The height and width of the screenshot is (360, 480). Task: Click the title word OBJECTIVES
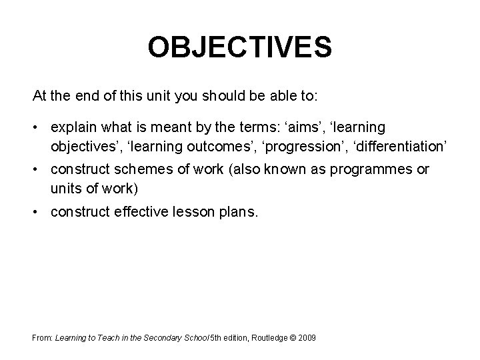tap(239, 47)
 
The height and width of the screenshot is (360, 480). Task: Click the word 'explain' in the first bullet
tap(72, 127)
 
